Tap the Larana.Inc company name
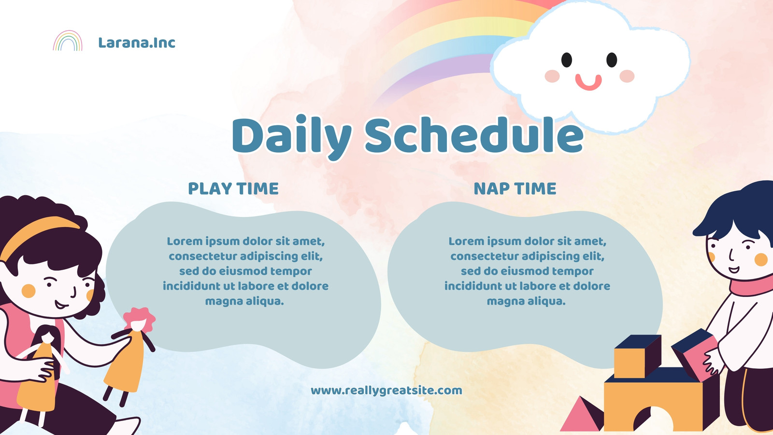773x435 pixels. click(x=137, y=43)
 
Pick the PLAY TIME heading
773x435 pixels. click(x=233, y=188)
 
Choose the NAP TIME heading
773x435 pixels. click(x=515, y=188)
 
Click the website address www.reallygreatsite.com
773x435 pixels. click(x=386, y=391)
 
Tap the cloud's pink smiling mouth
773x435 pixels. click(x=588, y=83)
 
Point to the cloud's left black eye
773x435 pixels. click(x=567, y=60)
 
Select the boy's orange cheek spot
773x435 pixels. click(x=761, y=260)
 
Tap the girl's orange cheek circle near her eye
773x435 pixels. click(x=29, y=291)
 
